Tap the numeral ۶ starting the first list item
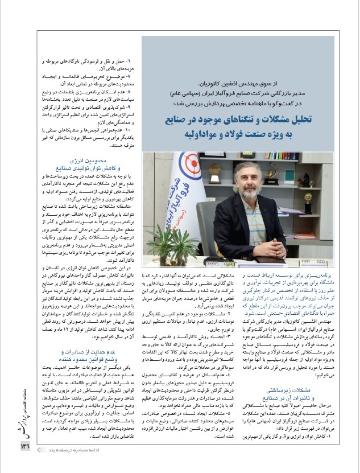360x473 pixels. point(129,60)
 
